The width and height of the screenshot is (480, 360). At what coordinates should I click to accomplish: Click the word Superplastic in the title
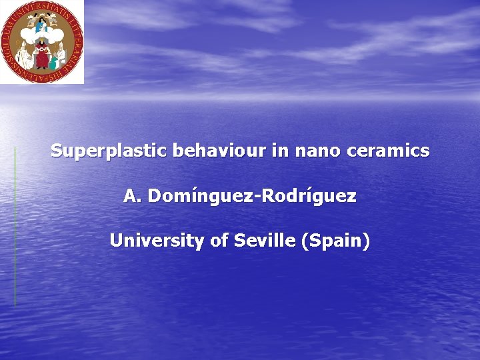click(x=109, y=151)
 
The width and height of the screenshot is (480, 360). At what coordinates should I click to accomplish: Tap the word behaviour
click(x=219, y=151)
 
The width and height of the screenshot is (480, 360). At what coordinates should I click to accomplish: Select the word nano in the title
click(x=313, y=151)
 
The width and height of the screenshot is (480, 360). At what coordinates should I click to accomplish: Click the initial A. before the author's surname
click(x=132, y=197)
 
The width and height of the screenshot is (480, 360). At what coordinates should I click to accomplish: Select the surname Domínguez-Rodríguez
click(x=252, y=197)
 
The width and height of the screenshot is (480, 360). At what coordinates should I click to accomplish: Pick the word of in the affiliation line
click(x=219, y=241)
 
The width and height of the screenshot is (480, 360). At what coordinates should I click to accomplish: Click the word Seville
click(x=265, y=241)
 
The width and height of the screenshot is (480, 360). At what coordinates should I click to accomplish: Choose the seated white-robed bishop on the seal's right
click(x=61, y=52)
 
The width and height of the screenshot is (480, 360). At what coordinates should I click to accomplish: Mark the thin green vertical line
click(x=15, y=227)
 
